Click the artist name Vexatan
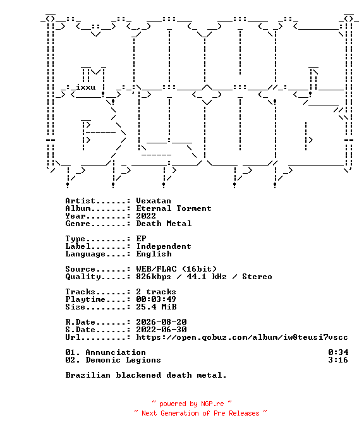tap(154, 201)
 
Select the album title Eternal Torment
tap(174, 208)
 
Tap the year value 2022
tap(146, 216)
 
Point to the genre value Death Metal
tap(164, 224)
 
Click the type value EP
tap(141, 239)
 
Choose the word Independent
tap(164, 246)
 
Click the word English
tap(154, 254)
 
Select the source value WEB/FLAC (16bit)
tap(176, 269)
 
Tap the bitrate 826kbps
tap(154, 277)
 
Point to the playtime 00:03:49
tap(156, 299)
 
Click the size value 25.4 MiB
tap(156, 307)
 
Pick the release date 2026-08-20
tap(161, 322)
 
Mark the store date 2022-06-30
tap(161, 330)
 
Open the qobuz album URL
tap(242, 337)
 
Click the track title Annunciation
tap(116, 352)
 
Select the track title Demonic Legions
tap(123, 360)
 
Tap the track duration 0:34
tap(338, 352)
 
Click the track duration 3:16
tap(338, 360)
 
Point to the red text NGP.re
tap(212, 404)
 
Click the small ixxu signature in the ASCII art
tap(86, 88)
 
